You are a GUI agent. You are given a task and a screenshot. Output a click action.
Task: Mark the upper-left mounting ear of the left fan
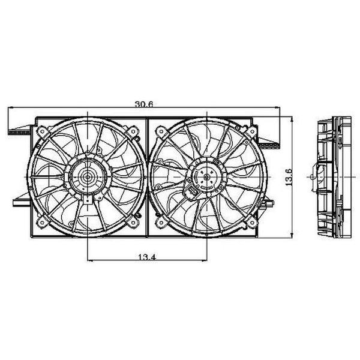(41, 130)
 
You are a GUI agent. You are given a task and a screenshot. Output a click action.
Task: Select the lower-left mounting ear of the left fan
(41, 223)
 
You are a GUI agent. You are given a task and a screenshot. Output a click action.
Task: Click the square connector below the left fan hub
(88, 201)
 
